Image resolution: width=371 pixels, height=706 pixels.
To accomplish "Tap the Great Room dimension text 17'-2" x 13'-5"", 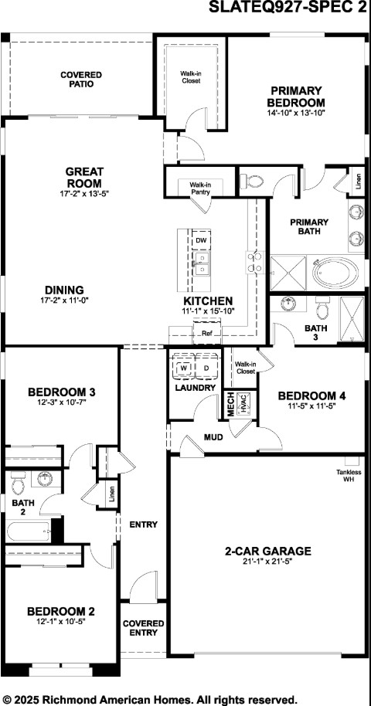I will tap(84, 194).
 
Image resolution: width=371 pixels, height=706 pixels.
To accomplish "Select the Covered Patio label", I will tap(81, 79).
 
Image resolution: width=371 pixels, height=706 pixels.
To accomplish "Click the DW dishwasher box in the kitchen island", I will tap(201, 241).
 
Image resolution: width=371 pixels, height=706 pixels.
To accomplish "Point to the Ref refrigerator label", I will tap(206, 334).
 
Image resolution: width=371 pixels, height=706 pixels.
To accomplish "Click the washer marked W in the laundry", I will tap(183, 368).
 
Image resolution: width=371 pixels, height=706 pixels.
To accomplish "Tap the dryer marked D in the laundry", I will tap(206, 368).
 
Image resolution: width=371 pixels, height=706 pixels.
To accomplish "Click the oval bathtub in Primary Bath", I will tap(335, 272).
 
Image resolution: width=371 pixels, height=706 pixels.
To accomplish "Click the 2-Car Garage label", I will tap(267, 551).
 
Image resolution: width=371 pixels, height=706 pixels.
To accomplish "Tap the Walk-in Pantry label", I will tap(200, 188).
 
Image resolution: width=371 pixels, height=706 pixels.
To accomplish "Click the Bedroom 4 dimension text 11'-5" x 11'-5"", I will tap(311, 406).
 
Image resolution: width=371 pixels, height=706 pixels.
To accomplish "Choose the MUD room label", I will tap(213, 437).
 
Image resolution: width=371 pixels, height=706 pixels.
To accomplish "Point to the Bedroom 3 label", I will tap(61, 392).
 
